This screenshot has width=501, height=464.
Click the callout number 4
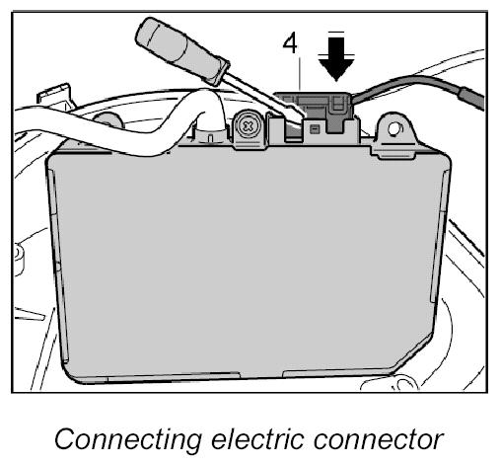[x=290, y=43]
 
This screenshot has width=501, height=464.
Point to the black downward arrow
[x=335, y=56]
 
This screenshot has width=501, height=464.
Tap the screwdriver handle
[x=182, y=50]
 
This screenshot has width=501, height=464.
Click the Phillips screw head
[x=249, y=125]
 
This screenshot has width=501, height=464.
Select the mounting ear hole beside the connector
[x=394, y=129]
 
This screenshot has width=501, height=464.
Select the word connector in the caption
[x=378, y=439]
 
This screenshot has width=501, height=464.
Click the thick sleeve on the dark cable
[x=471, y=98]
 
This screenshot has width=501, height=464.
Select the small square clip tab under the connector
[x=315, y=129]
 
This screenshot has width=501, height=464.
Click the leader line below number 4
[x=300, y=74]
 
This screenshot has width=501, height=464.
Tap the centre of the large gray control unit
[x=249, y=264]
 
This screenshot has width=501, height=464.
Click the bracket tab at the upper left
[x=54, y=95]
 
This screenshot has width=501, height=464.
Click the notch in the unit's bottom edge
[x=260, y=375]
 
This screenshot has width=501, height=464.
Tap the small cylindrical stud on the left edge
[x=20, y=259]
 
